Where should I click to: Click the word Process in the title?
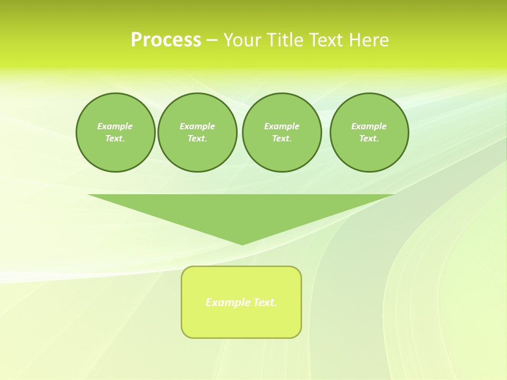click(x=166, y=40)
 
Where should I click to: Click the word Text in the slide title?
click(x=327, y=40)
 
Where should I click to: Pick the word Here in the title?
click(x=369, y=40)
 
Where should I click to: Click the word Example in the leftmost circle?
click(x=115, y=126)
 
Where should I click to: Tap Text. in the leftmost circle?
click(x=115, y=138)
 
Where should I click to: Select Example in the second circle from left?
click(x=197, y=126)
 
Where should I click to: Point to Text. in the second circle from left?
click(x=197, y=138)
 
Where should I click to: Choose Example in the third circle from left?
click(x=281, y=126)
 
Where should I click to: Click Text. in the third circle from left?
click(x=281, y=138)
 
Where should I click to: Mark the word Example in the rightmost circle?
click(x=369, y=126)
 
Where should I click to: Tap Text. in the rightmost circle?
click(x=369, y=138)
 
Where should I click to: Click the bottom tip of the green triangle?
click(x=242, y=244)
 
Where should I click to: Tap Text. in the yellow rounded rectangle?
click(x=265, y=302)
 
